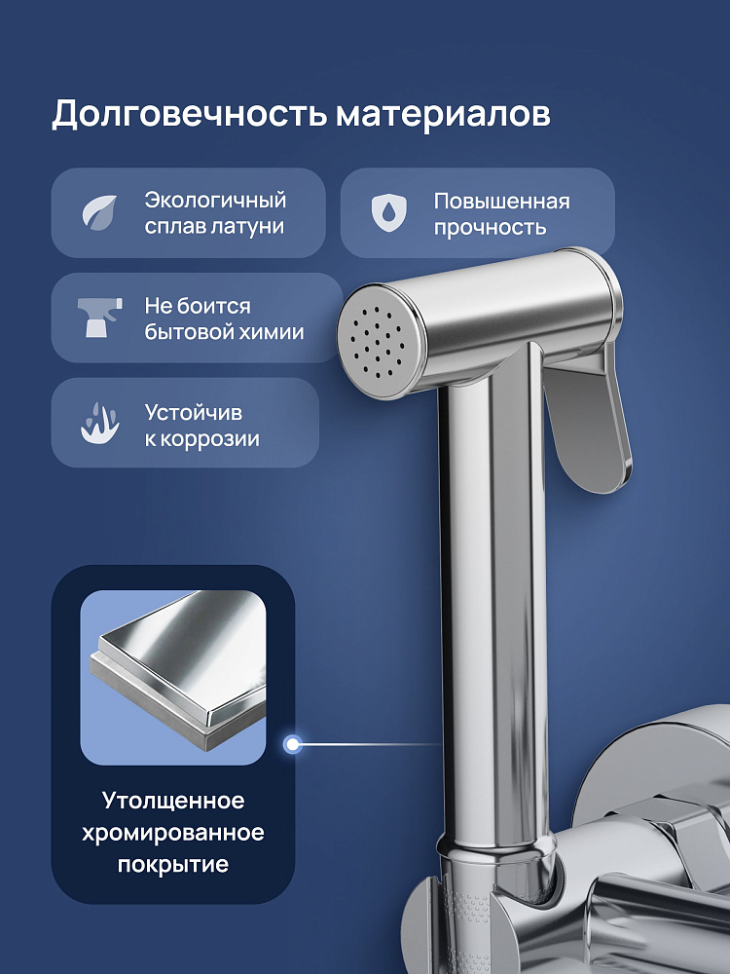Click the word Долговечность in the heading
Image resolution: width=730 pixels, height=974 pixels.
click(x=190, y=115)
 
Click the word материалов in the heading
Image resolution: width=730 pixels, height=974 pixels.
click(x=443, y=115)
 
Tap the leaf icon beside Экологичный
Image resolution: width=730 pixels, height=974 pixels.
click(x=100, y=213)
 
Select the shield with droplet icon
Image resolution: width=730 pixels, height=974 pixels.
click(x=389, y=213)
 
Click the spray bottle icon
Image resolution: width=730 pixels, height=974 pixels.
click(x=100, y=318)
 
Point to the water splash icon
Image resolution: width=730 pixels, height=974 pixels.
click(x=100, y=423)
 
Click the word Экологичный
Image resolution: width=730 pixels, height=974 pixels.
click(x=215, y=200)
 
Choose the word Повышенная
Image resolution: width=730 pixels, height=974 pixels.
click(x=501, y=202)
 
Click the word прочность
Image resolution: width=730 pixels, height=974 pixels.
click(x=490, y=227)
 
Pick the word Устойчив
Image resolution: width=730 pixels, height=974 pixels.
click(x=193, y=412)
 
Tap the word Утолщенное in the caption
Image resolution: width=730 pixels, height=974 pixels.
click(x=173, y=801)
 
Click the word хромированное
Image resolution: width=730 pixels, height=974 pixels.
click(x=173, y=833)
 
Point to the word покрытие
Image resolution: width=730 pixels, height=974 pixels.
click(x=173, y=865)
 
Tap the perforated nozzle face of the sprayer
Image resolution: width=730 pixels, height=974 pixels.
click(x=377, y=342)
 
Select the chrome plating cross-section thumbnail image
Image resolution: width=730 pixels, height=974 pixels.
click(x=173, y=678)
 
